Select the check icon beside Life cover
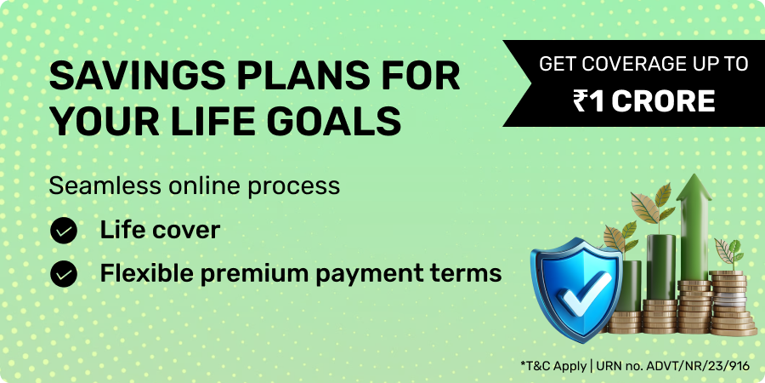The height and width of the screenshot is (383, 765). point(64,231)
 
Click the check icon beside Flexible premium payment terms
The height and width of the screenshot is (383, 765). point(64,273)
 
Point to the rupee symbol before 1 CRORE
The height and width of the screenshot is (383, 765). point(580,101)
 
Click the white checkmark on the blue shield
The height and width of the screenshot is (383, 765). point(584,292)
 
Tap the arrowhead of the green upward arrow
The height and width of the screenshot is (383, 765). point(694,187)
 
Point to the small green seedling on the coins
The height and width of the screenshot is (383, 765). point(730,253)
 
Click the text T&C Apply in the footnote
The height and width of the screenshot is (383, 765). point(554,366)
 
